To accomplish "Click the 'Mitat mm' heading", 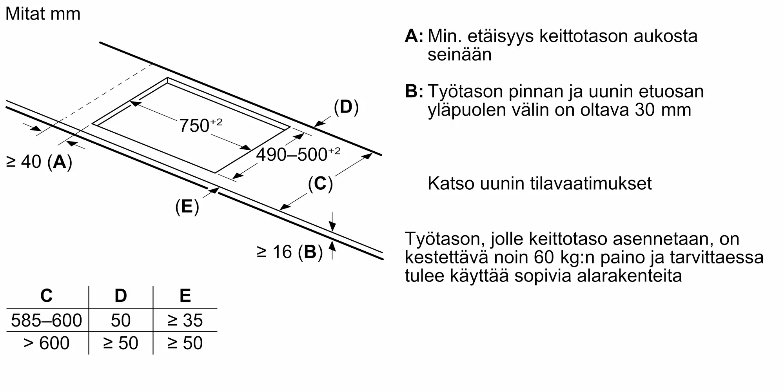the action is click(x=43, y=14).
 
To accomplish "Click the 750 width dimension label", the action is click(x=200, y=125).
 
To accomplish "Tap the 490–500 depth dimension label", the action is click(x=298, y=154).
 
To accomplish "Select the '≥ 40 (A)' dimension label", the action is click(x=39, y=162).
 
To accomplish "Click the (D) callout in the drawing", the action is click(x=346, y=107).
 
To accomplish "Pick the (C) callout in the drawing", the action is click(x=320, y=183).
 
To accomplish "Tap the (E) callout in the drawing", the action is click(x=187, y=207).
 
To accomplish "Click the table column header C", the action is click(x=46, y=296).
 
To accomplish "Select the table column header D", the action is click(x=120, y=296).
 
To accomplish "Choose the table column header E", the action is click(x=185, y=296).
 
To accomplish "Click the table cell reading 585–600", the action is click(x=46, y=320).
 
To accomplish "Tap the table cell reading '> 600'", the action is click(x=46, y=343).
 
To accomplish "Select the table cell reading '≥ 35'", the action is click(x=185, y=320).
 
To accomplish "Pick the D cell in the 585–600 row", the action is click(x=120, y=320).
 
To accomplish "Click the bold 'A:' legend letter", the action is click(x=414, y=36).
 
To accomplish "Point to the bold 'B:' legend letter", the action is click(x=414, y=91).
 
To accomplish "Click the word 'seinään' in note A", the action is click(x=459, y=54).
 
